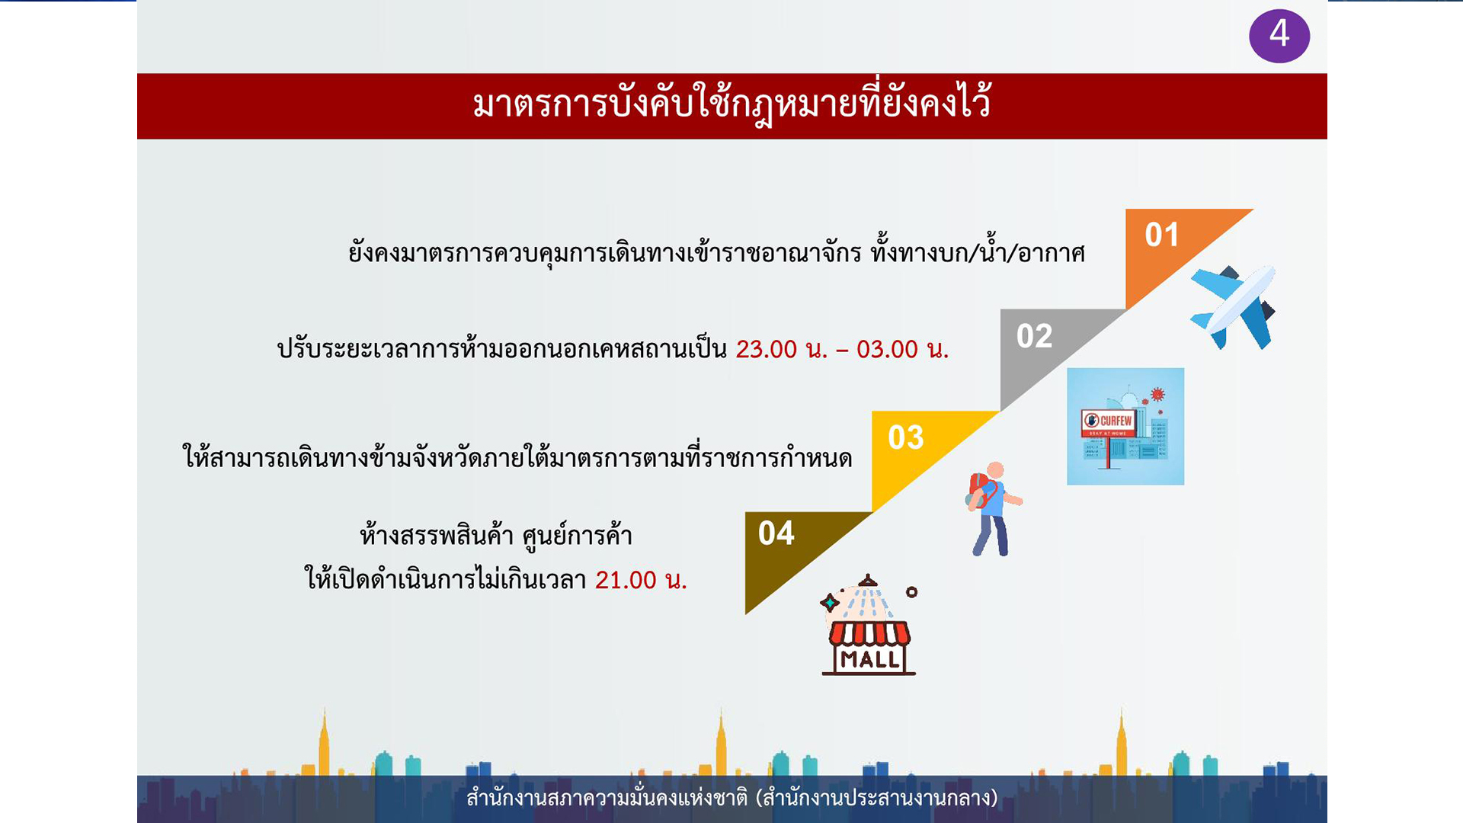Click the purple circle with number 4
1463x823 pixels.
point(1279,35)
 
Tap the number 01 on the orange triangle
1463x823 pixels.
point(1162,235)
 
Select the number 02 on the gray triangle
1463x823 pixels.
point(1034,336)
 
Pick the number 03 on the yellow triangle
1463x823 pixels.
point(905,437)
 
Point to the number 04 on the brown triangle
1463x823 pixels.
point(776,533)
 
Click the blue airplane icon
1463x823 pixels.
point(1233,307)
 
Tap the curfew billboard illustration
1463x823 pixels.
point(1125,427)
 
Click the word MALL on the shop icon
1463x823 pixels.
point(869,659)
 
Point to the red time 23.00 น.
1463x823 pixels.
point(782,349)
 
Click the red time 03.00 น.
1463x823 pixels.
point(903,349)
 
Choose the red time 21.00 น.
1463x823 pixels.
point(641,580)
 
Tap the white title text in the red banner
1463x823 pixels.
point(731,104)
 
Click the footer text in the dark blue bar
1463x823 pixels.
point(731,797)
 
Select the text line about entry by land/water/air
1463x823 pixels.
point(716,252)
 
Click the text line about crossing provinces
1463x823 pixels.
point(517,456)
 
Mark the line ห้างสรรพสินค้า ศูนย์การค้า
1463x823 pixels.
point(496,535)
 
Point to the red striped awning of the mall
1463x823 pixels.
point(869,633)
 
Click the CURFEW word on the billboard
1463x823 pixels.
point(1116,421)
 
